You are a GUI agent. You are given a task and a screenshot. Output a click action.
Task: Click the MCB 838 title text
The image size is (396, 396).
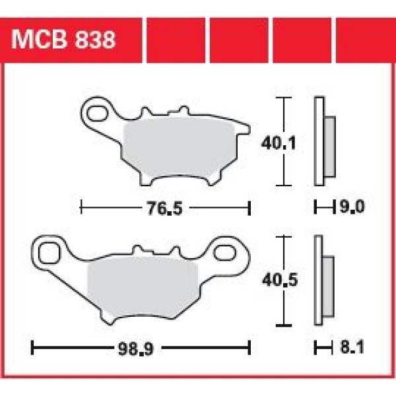coord(63,40)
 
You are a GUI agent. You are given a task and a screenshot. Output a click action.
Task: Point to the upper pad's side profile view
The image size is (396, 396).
coord(323,142)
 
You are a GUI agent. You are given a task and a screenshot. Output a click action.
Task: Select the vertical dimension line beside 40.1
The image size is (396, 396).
coord(284,143)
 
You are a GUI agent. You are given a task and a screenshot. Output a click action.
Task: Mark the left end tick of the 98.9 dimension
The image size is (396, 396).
coord(33,346)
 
